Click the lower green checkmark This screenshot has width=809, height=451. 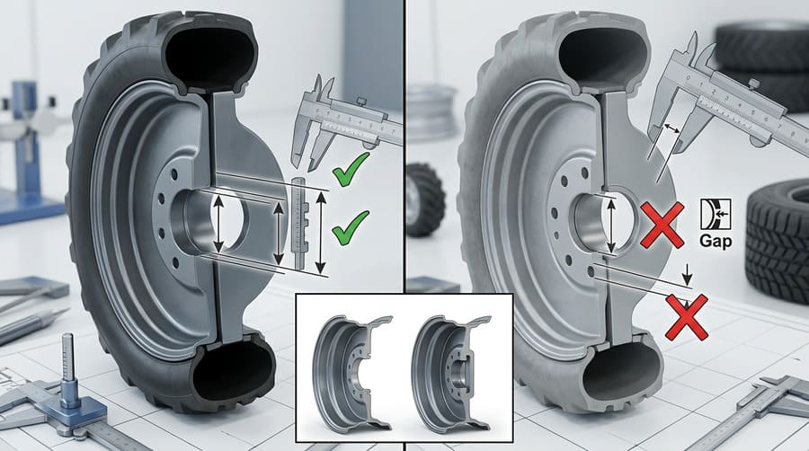point(350,229)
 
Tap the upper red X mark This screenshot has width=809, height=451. point(662,224)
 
